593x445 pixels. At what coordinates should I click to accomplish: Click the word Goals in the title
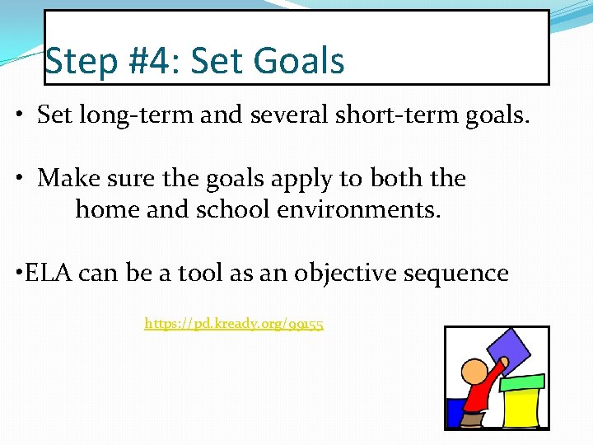click(x=300, y=62)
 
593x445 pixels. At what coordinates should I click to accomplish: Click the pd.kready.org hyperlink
click(x=234, y=324)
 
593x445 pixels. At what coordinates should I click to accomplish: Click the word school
click(x=233, y=209)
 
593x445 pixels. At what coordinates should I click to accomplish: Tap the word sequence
click(x=467, y=273)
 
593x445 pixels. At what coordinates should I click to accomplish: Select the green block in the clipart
click(x=522, y=382)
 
